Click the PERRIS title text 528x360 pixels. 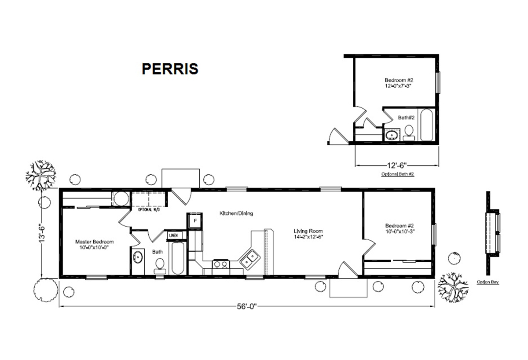169,69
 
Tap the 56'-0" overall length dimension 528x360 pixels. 246,306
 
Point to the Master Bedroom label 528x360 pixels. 94,244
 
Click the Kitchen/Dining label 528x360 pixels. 236,213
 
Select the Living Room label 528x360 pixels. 308,234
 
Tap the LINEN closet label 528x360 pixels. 173,236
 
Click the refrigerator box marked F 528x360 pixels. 195,220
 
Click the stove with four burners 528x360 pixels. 220,265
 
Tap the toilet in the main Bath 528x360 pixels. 160,265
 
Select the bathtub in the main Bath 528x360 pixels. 177,259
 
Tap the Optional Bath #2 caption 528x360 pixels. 397,174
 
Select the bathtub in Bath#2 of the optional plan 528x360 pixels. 426,125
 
